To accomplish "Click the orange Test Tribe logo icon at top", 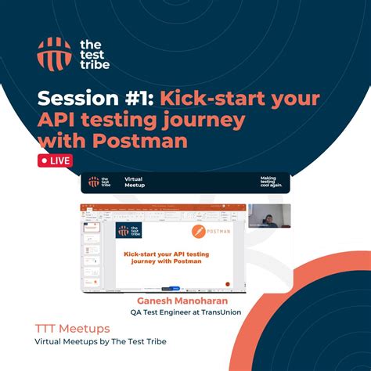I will pos(54,53).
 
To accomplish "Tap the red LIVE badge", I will pos(55,161).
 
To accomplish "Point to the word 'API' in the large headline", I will pos(59,121).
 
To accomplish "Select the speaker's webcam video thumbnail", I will pos(269,216).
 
